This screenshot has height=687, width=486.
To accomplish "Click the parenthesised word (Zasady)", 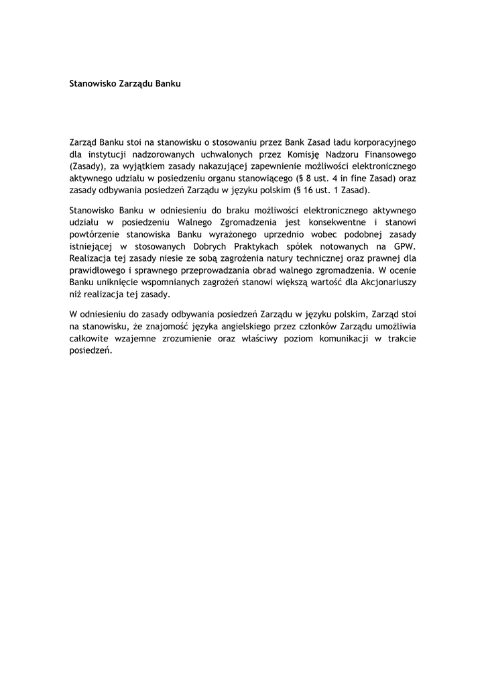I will click(86, 166).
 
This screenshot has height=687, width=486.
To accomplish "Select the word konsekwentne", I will click(337, 222).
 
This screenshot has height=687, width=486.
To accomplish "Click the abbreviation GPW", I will click(404, 246).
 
